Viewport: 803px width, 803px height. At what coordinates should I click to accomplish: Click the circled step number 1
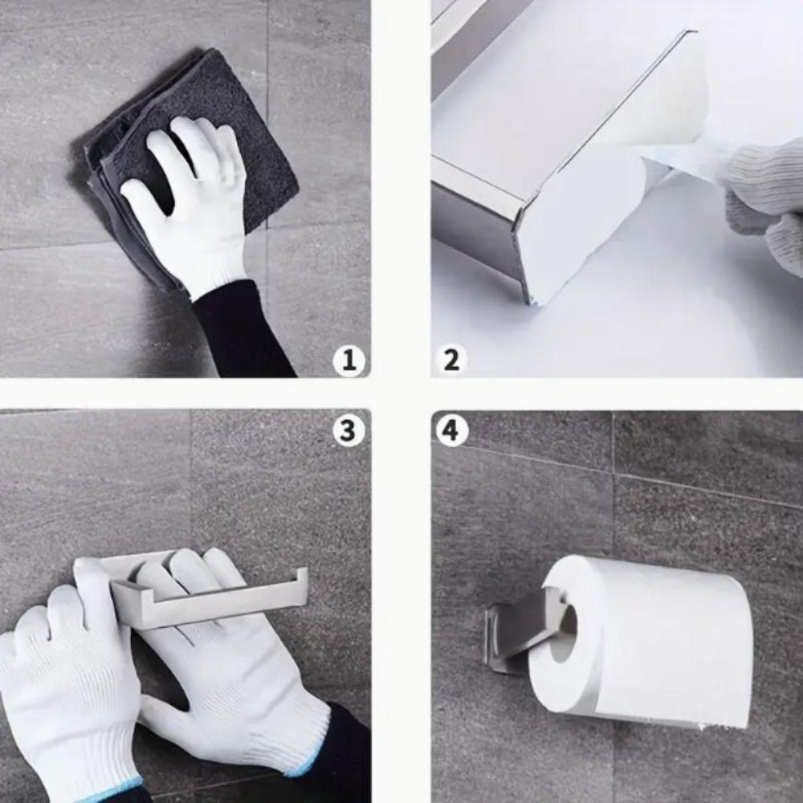pyautogui.click(x=349, y=361)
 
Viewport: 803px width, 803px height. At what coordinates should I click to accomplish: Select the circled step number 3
pyautogui.click(x=348, y=430)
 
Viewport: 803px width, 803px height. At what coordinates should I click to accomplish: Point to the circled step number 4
pyautogui.click(x=451, y=431)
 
